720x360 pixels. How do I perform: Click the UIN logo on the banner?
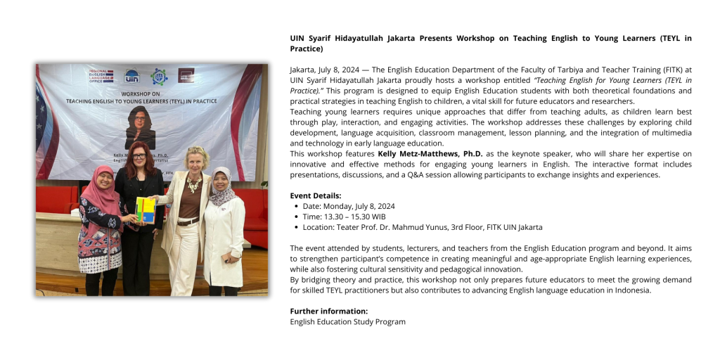[x=131, y=76]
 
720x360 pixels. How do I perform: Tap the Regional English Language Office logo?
[x=101, y=76]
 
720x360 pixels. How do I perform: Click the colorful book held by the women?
[x=146, y=210]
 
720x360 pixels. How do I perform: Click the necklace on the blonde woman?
[x=193, y=184]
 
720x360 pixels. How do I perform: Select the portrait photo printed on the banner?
[x=140, y=128]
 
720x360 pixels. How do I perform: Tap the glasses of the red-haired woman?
[x=139, y=155]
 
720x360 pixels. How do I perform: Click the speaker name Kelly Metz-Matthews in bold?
[x=430, y=153]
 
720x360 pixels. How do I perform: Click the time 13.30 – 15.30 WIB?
[x=344, y=217]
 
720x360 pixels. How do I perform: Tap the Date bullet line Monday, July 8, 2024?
[x=349, y=206]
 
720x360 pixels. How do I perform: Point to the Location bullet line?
[x=422, y=227]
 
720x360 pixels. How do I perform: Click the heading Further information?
[x=328, y=311]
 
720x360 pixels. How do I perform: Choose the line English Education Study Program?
[x=347, y=321]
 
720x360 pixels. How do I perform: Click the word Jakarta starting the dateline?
[x=303, y=70]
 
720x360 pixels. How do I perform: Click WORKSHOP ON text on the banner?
[x=141, y=93]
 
